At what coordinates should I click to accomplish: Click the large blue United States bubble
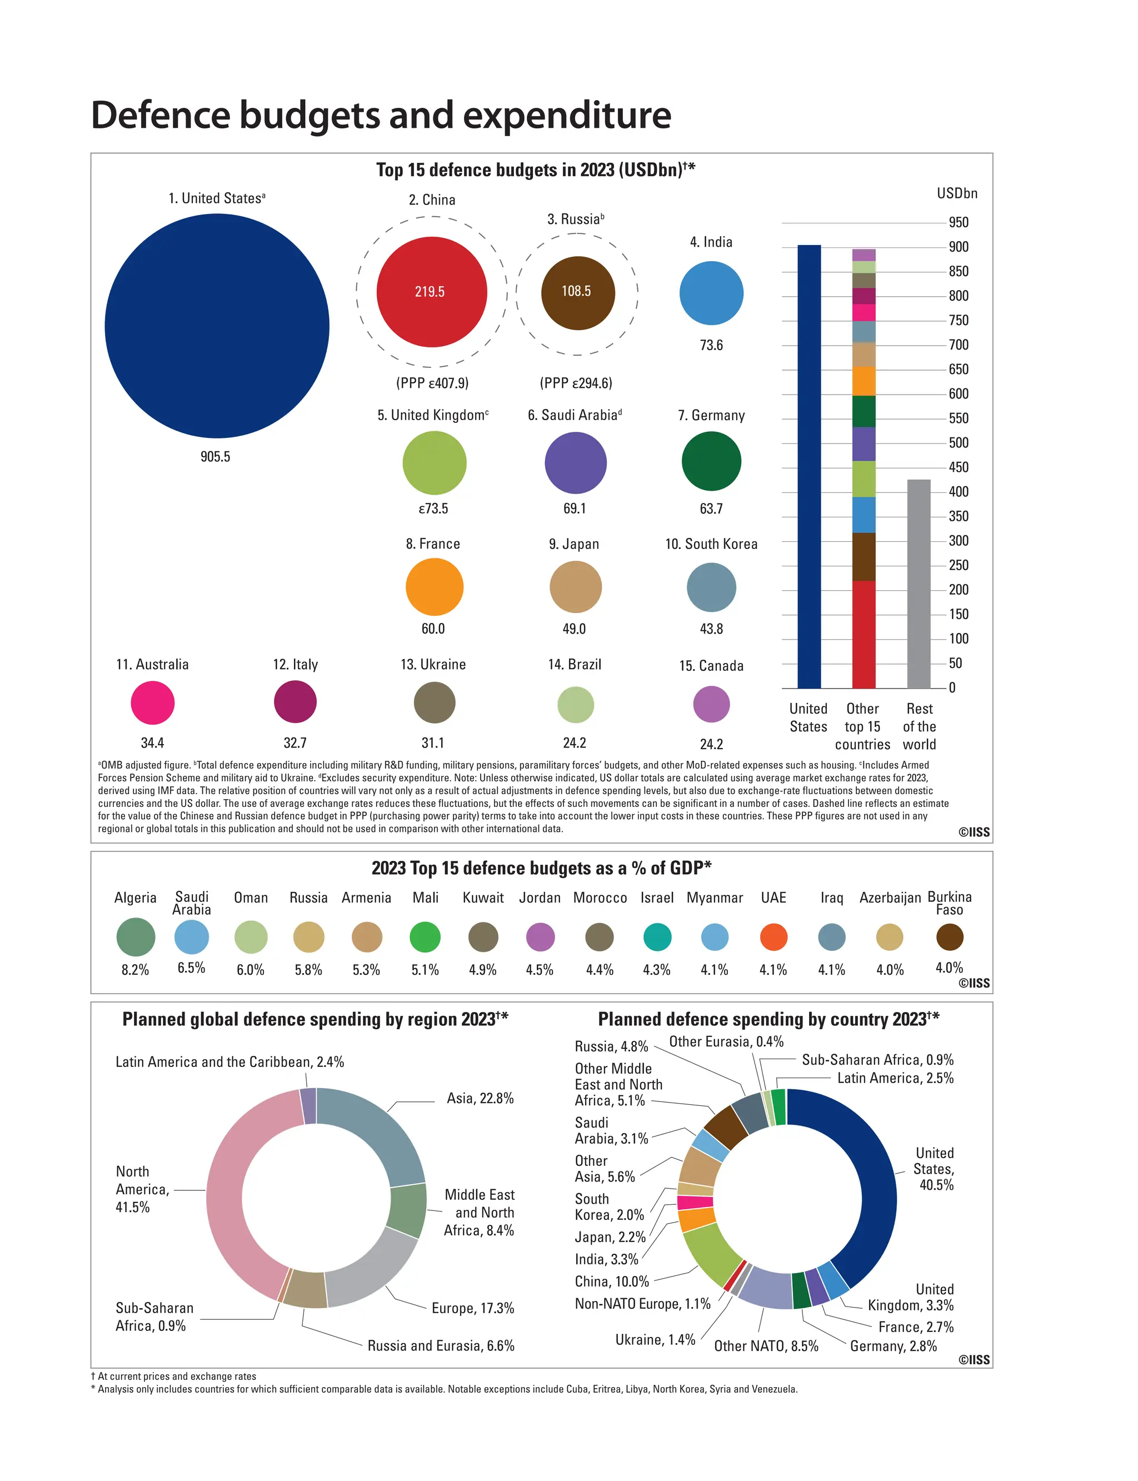coord(217,326)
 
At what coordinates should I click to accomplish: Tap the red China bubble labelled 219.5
coord(432,291)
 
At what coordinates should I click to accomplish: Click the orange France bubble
coord(434,587)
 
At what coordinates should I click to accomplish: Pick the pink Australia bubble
coord(152,702)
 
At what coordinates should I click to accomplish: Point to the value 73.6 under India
coord(711,345)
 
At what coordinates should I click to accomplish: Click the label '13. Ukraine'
coord(433,664)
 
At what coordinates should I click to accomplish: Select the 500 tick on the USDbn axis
coord(958,442)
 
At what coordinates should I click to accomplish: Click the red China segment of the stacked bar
coord(864,634)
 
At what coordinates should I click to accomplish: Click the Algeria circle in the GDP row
coord(136,937)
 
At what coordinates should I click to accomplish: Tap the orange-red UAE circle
coord(773,937)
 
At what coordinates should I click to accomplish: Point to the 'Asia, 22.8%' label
coord(480,1098)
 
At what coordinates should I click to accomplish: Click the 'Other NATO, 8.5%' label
coord(766,1345)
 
